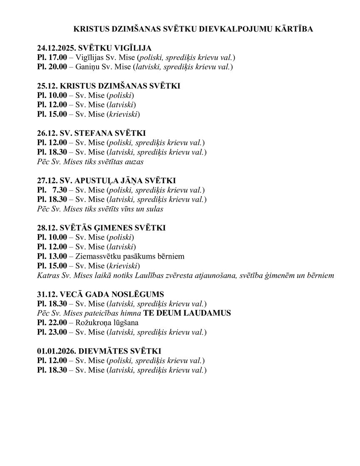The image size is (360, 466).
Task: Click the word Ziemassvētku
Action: point(96,256)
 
